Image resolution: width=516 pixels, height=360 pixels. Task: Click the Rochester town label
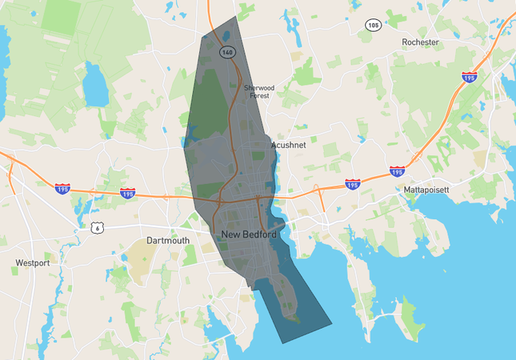click(420, 42)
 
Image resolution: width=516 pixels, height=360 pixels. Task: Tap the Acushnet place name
click(289, 145)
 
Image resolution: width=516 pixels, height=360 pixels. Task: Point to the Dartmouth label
click(168, 240)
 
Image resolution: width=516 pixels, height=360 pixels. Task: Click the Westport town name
click(33, 262)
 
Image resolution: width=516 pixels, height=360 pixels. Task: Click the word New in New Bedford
click(231, 234)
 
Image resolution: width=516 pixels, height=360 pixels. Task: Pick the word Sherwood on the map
click(259, 87)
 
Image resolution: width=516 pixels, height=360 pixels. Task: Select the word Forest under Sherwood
click(259, 95)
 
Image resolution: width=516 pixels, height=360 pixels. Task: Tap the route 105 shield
click(373, 25)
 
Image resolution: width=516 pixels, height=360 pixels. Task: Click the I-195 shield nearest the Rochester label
click(469, 77)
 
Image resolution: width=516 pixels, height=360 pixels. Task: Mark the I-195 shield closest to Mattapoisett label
click(397, 171)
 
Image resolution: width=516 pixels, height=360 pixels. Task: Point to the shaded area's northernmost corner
click(238, 17)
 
